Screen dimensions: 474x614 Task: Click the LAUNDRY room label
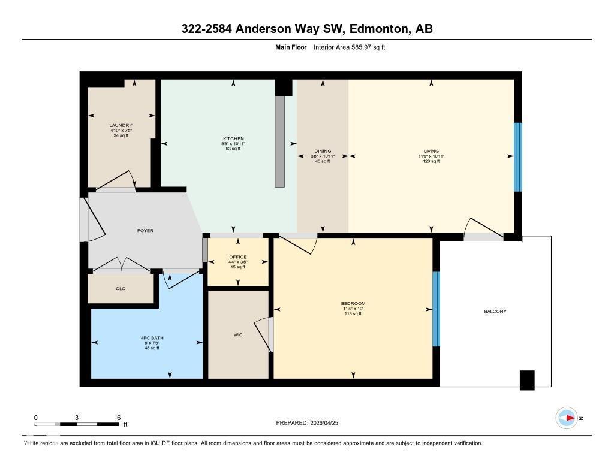(x=121, y=125)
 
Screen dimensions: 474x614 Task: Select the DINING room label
(x=323, y=152)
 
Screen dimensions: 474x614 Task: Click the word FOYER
(x=145, y=230)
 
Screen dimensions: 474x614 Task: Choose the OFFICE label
(x=238, y=257)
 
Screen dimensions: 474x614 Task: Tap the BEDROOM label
(x=353, y=304)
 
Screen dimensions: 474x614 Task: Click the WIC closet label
(x=237, y=335)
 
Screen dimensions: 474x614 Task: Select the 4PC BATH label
(x=148, y=338)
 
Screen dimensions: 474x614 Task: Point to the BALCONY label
(x=495, y=311)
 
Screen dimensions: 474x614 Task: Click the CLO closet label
(x=121, y=289)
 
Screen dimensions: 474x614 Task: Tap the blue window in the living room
(x=518, y=157)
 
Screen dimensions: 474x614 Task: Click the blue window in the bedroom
(x=436, y=309)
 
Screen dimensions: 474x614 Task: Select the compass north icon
(x=567, y=418)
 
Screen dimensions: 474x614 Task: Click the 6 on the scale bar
(x=118, y=418)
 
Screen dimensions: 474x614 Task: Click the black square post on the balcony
(x=526, y=380)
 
